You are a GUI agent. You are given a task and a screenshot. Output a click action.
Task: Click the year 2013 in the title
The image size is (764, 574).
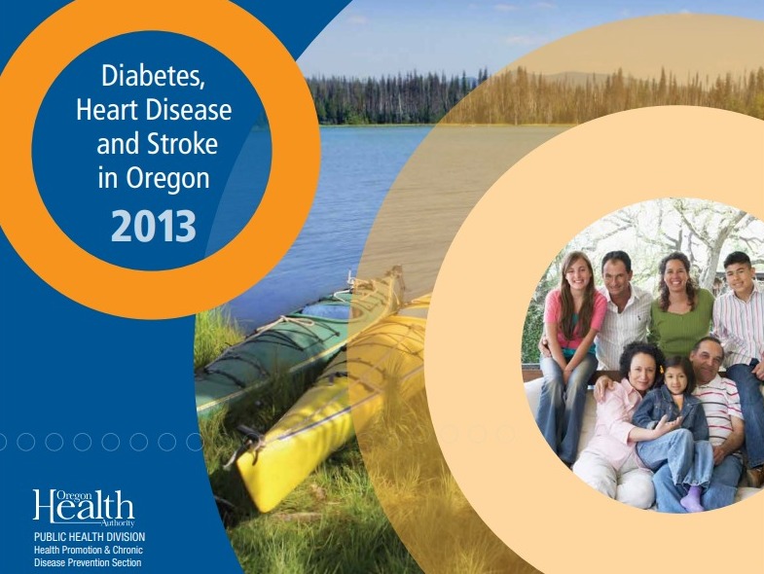[x=154, y=226]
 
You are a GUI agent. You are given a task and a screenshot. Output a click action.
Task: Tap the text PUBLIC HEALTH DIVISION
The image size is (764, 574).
[x=90, y=537]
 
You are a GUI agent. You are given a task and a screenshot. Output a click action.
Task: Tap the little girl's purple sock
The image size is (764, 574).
[x=692, y=500]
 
